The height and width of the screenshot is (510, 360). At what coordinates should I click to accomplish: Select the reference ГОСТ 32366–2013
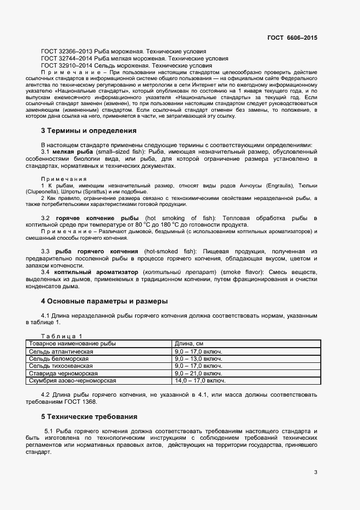point(66,51)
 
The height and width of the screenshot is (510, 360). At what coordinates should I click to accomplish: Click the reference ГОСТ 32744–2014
point(66,58)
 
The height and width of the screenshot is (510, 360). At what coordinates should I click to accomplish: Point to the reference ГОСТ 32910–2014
point(66,65)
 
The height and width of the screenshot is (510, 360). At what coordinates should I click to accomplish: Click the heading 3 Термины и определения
point(89,131)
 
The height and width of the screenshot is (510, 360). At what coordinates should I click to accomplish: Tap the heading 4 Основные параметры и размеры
point(104,301)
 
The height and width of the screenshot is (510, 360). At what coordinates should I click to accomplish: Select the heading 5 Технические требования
point(89,417)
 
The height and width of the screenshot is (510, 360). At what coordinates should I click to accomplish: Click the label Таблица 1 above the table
point(62,336)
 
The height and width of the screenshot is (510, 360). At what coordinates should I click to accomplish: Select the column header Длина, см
point(189,344)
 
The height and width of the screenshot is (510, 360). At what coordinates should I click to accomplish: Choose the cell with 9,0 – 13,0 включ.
point(198,359)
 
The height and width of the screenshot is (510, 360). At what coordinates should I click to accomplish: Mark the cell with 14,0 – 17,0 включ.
point(199,381)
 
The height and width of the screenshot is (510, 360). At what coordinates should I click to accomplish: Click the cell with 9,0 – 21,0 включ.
point(198,374)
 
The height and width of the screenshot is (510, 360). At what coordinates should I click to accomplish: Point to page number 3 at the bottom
point(315,472)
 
